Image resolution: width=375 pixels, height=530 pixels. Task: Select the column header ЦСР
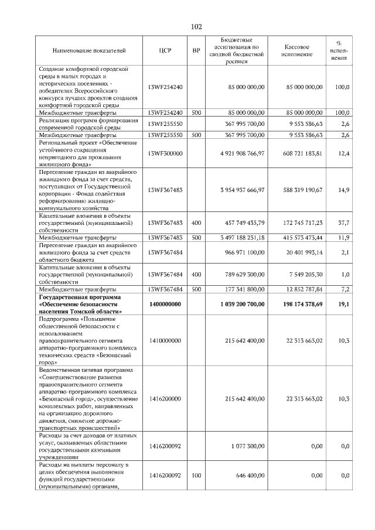pyautogui.click(x=165, y=51)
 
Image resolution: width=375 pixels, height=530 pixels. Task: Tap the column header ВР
pyautogui.click(x=196, y=51)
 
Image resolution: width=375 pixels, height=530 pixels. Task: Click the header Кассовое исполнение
pyautogui.click(x=297, y=51)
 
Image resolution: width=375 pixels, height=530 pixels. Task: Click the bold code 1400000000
pyautogui.click(x=165, y=305)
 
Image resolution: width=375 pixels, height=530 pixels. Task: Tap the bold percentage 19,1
pyautogui.click(x=344, y=305)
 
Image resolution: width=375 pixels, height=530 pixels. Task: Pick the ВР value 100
pyautogui.click(x=196, y=476)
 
